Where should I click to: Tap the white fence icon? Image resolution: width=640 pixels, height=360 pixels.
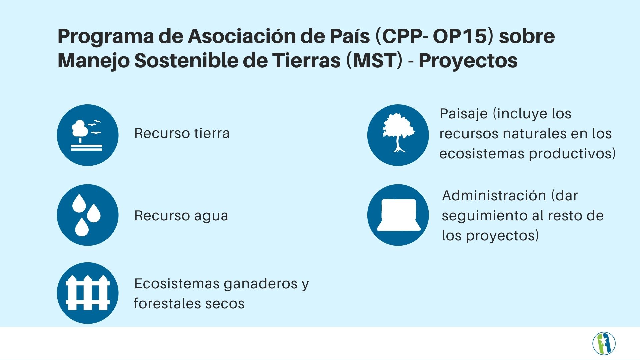tap(88, 293)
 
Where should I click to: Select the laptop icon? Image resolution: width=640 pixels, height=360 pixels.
tap(399, 215)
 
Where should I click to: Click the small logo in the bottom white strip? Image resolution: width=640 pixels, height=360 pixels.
tap(604, 343)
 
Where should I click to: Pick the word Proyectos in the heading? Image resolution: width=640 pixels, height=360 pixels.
tap(468, 61)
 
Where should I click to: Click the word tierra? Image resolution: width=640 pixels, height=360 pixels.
tap(212, 133)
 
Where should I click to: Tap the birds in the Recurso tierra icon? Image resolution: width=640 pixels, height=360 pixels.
tap(95, 127)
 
